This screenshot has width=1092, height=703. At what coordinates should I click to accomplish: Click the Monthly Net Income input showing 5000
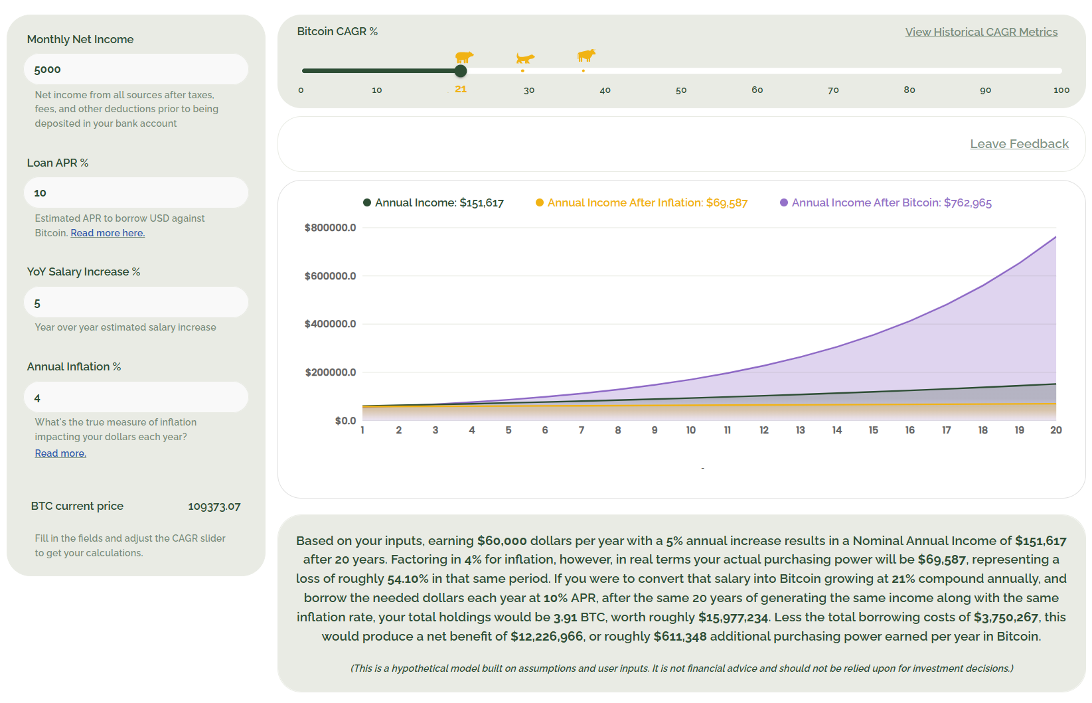pyautogui.click(x=136, y=69)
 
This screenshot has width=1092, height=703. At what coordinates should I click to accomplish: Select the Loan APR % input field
pyautogui.click(x=136, y=193)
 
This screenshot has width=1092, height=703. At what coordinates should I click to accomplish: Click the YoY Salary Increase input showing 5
pyautogui.click(x=136, y=303)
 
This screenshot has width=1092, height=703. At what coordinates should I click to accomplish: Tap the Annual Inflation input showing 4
pyautogui.click(x=136, y=398)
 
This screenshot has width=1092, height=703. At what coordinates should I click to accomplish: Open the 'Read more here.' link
pyautogui.click(x=108, y=233)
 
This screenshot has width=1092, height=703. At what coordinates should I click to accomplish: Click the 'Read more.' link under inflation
pyautogui.click(x=60, y=453)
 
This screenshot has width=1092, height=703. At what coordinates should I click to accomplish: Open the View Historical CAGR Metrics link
pyautogui.click(x=981, y=32)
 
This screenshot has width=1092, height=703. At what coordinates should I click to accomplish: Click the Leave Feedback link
pyautogui.click(x=1019, y=144)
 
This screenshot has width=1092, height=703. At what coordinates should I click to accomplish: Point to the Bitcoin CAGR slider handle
pyautogui.click(x=461, y=71)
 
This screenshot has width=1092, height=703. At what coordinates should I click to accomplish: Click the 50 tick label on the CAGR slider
pyautogui.click(x=681, y=90)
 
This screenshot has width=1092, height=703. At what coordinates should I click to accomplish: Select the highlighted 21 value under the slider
pyautogui.click(x=461, y=89)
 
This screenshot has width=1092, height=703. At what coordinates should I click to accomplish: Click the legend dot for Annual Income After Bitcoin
pyautogui.click(x=784, y=202)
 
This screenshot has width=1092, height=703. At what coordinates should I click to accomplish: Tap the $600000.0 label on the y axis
pyautogui.click(x=331, y=276)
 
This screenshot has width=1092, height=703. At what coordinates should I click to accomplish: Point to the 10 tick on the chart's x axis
pyautogui.click(x=691, y=430)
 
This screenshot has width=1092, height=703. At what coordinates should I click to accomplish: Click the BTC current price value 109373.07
pyautogui.click(x=214, y=507)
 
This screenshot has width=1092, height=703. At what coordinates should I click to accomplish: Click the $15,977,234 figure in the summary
pyautogui.click(x=733, y=617)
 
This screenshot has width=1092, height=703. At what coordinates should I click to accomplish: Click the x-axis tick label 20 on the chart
pyautogui.click(x=1055, y=430)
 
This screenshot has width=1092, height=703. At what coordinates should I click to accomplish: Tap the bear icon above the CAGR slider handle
pyautogui.click(x=464, y=57)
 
